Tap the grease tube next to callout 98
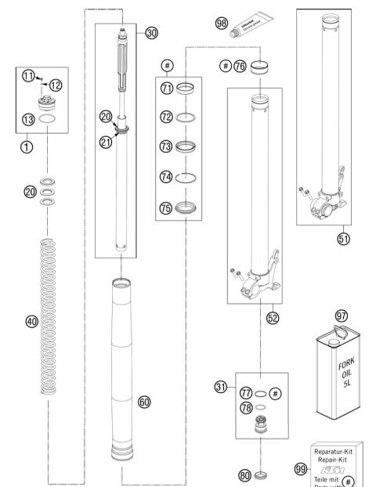click(250, 29)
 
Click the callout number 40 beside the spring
click(31, 321)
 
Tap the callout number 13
click(29, 120)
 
